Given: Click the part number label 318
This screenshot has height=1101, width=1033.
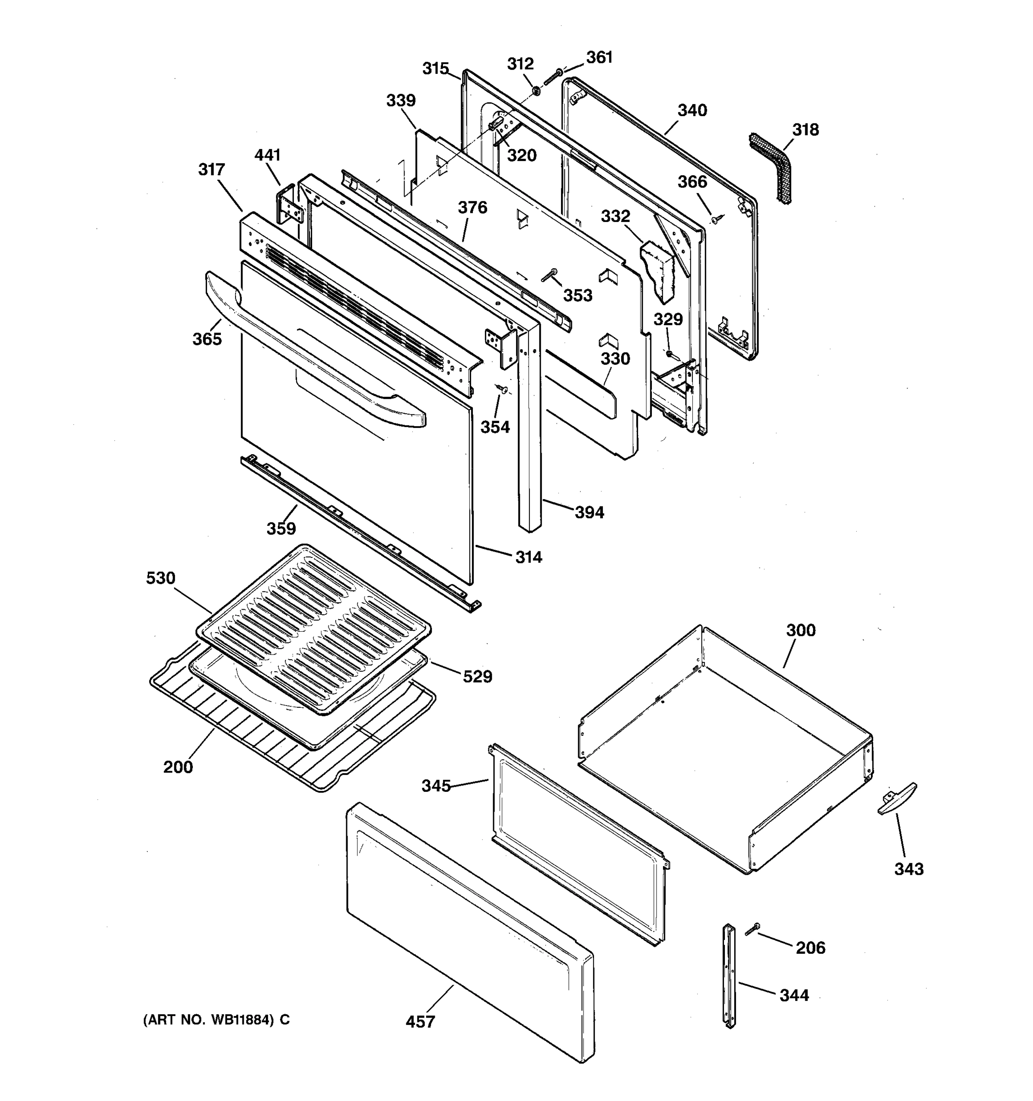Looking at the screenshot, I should [805, 129].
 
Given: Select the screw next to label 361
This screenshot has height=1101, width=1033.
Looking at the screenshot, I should [552, 78].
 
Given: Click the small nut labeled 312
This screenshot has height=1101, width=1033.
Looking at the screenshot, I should [536, 90].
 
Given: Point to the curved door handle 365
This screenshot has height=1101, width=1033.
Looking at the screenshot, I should [310, 355].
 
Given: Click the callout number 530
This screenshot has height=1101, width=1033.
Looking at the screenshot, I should [161, 578].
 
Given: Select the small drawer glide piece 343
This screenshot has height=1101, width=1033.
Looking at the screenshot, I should [897, 798].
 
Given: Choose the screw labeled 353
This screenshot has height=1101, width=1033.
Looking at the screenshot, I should [549, 275].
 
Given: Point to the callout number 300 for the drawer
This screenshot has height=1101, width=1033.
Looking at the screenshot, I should [801, 630].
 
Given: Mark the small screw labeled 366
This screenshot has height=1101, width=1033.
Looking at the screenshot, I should [716, 220].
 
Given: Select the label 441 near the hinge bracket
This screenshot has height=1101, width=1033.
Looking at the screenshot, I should [267, 155].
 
